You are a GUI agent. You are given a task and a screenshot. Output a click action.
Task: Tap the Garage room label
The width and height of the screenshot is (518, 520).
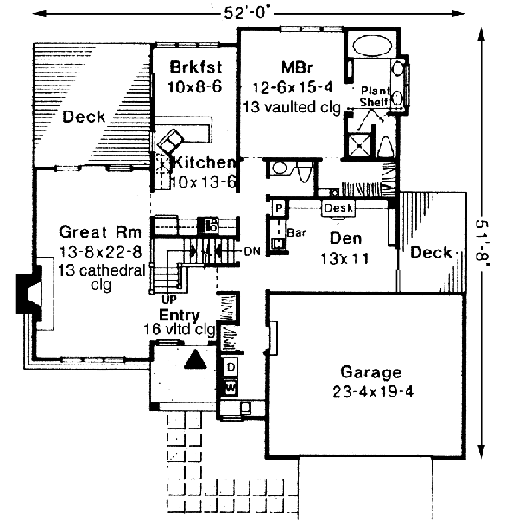(x=370, y=373)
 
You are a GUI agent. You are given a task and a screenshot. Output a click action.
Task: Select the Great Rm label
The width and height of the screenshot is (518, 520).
(x=95, y=232)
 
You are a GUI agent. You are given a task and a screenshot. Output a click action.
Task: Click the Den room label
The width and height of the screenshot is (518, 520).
(x=344, y=239)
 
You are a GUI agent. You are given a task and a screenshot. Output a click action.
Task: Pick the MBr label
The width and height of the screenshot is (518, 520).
(x=291, y=67)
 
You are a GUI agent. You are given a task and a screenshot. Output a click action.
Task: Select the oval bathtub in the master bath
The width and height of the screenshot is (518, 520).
(x=371, y=45)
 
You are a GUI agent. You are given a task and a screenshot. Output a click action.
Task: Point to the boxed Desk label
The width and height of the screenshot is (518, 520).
(x=338, y=208)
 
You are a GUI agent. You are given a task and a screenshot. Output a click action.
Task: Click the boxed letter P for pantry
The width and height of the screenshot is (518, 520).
(x=280, y=208)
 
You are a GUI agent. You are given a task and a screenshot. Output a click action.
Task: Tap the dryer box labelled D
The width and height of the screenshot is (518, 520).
(x=231, y=367)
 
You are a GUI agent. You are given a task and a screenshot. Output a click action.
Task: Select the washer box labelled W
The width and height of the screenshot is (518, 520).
(x=231, y=388)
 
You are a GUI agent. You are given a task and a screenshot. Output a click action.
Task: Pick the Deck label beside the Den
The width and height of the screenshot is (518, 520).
(x=431, y=252)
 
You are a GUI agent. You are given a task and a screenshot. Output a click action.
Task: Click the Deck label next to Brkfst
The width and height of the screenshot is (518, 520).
(x=84, y=117)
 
